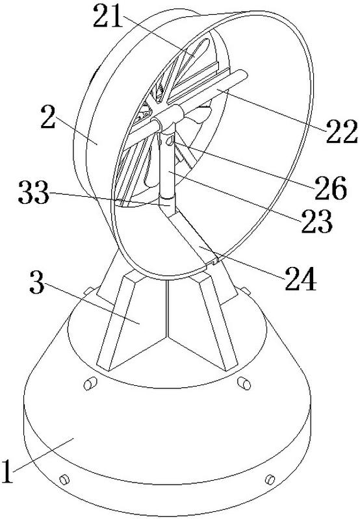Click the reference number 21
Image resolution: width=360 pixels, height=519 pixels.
pyautogui.click(x=109, y=16)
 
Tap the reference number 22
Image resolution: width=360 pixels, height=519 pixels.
pyautogui.click(x=342, y=131)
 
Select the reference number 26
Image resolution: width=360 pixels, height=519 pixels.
pyautogui.click(x=331, y=188)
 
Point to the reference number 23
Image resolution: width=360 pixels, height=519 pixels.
pyautogui.click(x=316, y=221)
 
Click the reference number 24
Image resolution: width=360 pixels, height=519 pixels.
pyautogui.click(x=301, y=279)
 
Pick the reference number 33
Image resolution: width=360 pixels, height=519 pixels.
pyautogui.click(x=34, y=192)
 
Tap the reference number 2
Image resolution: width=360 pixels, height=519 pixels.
pyautogui.click(x=48, y=116)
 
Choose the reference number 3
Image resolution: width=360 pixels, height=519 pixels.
pyautogui.click(x=37, y=281)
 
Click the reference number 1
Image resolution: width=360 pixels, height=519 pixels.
pyautogui.click(x=7, y=471)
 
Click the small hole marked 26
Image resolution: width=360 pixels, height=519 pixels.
pyautogui.click(x=170, y=141)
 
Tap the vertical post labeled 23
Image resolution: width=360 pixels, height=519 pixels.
pyautogui.click(x=166, y=166)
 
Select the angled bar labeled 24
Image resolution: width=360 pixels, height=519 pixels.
pyautogui.click(x=192, y=237)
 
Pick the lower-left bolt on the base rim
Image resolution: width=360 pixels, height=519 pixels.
pyautogui.click(x=64, y=479)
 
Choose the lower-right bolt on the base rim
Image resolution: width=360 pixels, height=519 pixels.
pyautogui.click(x=270, y=479)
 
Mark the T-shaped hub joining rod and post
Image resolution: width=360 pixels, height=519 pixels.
pyautogui.click(x=167, y=119)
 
